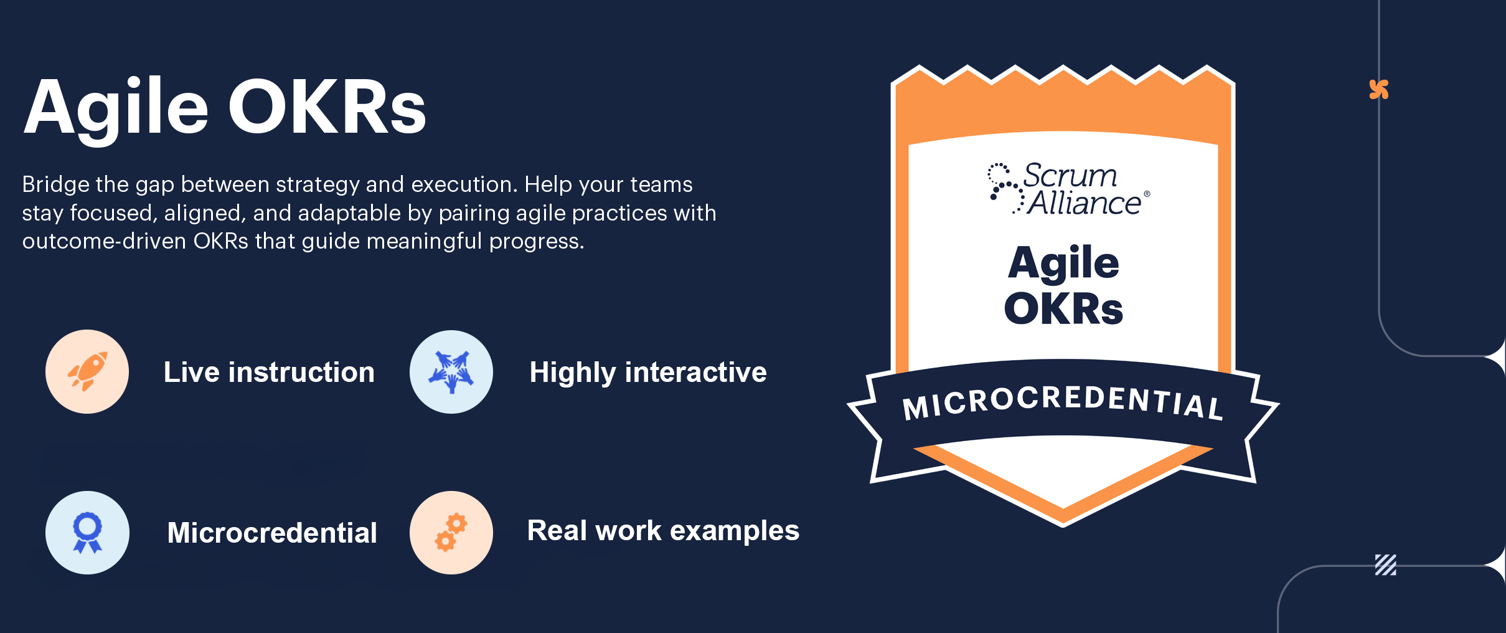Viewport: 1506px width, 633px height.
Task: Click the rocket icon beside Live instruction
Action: (88, 371)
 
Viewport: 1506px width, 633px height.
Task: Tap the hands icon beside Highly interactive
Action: (451, 372)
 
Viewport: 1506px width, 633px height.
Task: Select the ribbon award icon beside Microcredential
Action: (88, 533)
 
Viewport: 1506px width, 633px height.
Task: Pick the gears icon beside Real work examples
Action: (451, 532)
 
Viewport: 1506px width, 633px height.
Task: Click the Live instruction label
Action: (269, 372)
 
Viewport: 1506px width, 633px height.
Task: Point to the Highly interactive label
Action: (648, 373)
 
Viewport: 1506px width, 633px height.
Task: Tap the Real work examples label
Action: (663, 531)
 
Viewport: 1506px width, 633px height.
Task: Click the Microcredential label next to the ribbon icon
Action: (272, 533)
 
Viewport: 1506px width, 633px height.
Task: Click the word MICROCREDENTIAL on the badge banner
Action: (1063, 402)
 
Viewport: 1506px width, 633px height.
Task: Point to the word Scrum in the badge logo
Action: (1071, 175)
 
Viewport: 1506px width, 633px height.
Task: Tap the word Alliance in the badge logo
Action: (1084, 202)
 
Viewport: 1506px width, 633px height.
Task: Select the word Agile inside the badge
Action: (1063, 264)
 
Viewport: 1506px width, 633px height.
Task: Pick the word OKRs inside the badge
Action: (1063, 308)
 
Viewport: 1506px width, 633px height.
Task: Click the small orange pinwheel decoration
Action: (1379, 90)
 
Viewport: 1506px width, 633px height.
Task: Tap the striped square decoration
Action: (1386, 565)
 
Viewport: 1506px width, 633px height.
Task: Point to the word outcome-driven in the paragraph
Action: (104, 241)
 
